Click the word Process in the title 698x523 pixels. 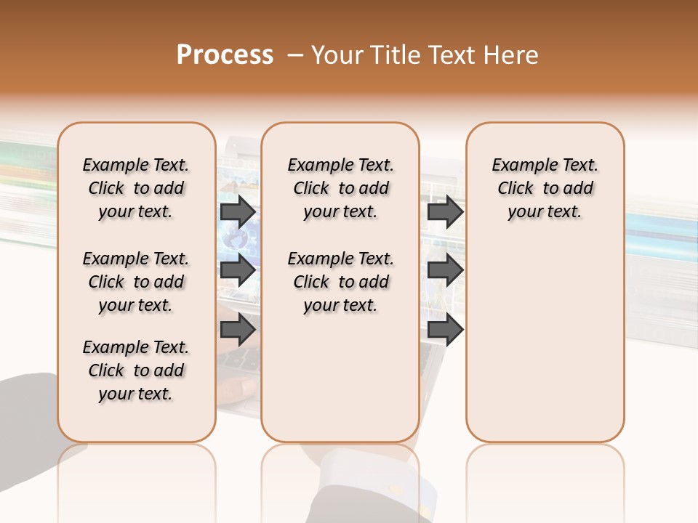click(224, 54)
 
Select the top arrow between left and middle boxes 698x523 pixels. click(237, 212)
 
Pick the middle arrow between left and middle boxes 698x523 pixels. click(237, 271)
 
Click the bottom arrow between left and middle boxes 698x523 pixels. click(237, 330)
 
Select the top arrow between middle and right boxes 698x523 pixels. click(445, 212)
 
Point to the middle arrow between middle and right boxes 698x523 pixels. click(445, 271)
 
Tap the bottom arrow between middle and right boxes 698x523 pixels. click(445, 330)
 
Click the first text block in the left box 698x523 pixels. click(136, 188)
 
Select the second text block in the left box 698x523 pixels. click(136, 282)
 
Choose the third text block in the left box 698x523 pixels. click(136, 370)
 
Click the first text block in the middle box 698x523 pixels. click(340, 188)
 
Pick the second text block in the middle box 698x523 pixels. click(340, 282)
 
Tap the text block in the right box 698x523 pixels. click(545, 188)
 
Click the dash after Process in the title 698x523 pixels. click(295, 55)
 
